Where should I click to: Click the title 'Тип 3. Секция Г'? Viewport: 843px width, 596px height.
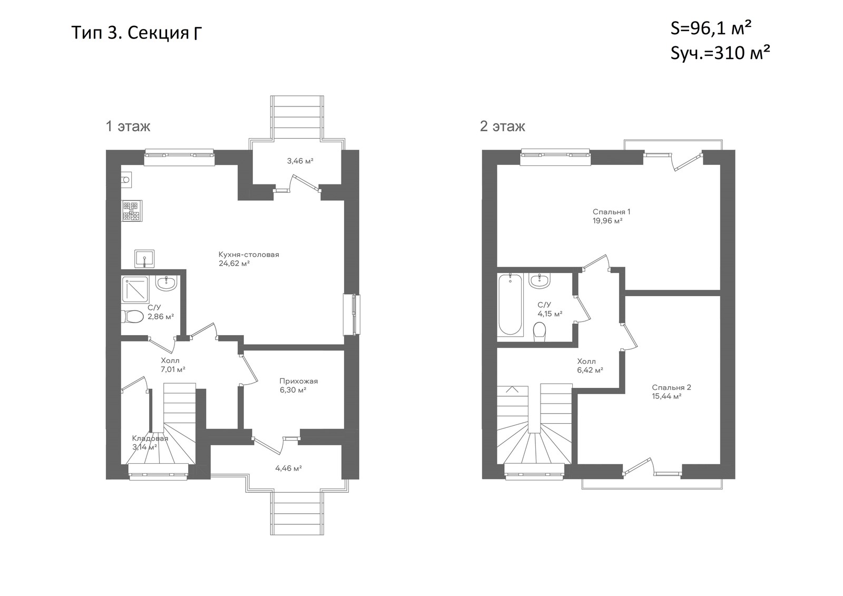[136, 33]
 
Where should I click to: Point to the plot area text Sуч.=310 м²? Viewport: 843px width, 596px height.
[720, 53]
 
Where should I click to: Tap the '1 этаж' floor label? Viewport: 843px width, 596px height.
[128, 126]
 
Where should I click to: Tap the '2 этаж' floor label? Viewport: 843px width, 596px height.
[503, 126]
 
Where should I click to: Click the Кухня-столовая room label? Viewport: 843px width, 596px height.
[249, 255]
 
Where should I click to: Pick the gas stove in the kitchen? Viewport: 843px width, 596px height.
[132, 211]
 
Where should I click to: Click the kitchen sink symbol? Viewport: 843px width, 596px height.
[144, 259]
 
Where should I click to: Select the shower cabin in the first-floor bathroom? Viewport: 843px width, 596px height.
[135, 289]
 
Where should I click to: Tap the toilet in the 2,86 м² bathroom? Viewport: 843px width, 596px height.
[132, 316]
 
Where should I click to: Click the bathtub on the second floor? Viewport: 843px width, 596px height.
[511, 305]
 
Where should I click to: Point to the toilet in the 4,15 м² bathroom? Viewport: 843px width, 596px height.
[540, 331]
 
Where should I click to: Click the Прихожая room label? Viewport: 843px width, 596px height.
[298, 381]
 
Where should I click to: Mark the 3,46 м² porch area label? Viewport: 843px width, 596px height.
[300, 161]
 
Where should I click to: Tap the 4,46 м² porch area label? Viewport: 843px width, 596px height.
[289, 468]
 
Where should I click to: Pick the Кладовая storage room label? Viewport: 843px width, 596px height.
[150, 438]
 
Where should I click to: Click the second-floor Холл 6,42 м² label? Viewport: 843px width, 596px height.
[590, 366]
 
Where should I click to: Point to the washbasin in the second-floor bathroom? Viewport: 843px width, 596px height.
[540, 281]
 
